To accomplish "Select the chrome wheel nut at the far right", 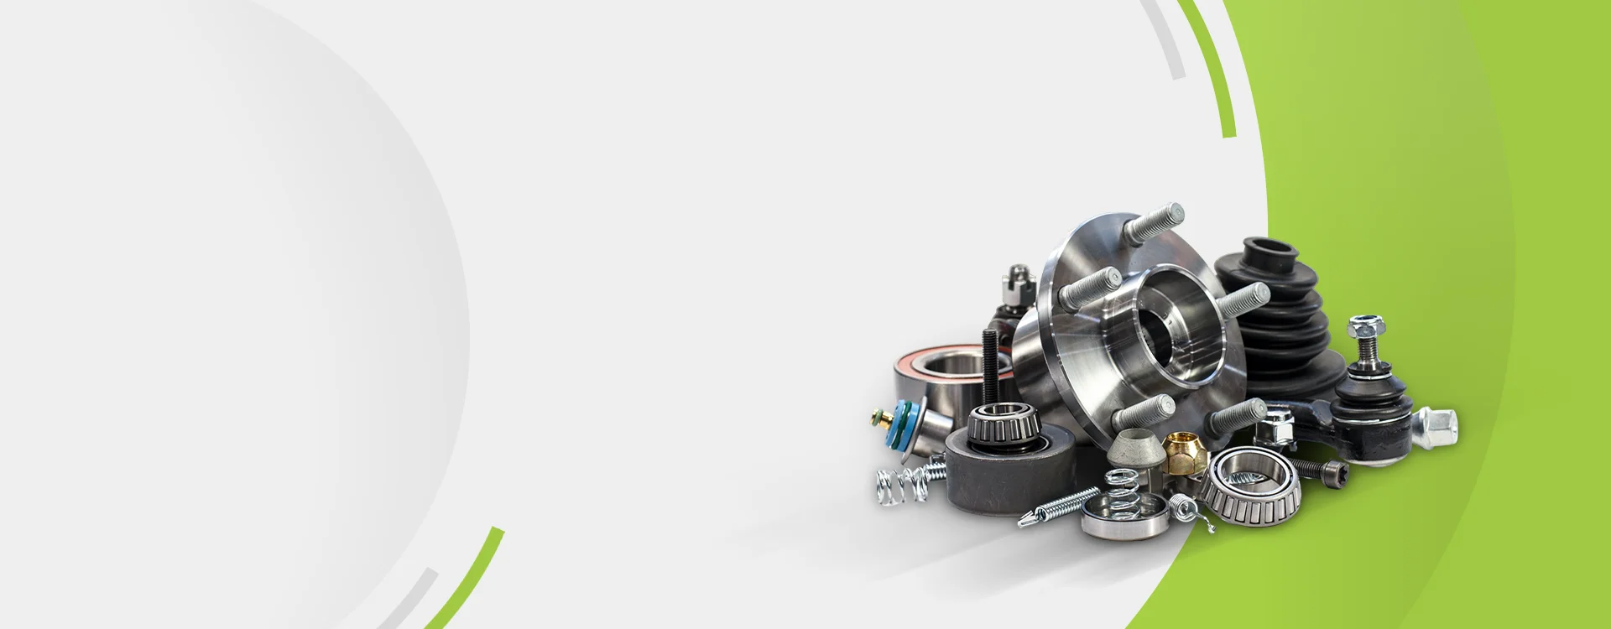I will [x=1436, y=426].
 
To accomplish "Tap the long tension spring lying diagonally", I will [x=1059, y=507].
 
